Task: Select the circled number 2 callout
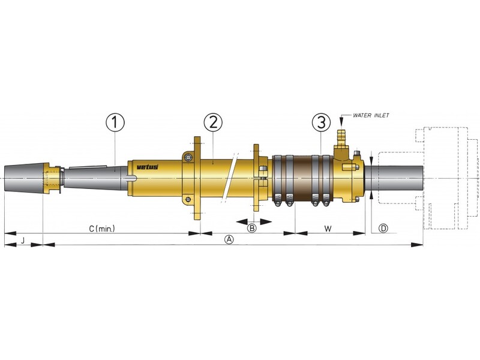point(213,122)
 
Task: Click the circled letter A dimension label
point(228,239)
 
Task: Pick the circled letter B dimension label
point(252,228)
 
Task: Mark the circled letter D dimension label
point(383,228)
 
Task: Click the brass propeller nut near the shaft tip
point(53,179)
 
